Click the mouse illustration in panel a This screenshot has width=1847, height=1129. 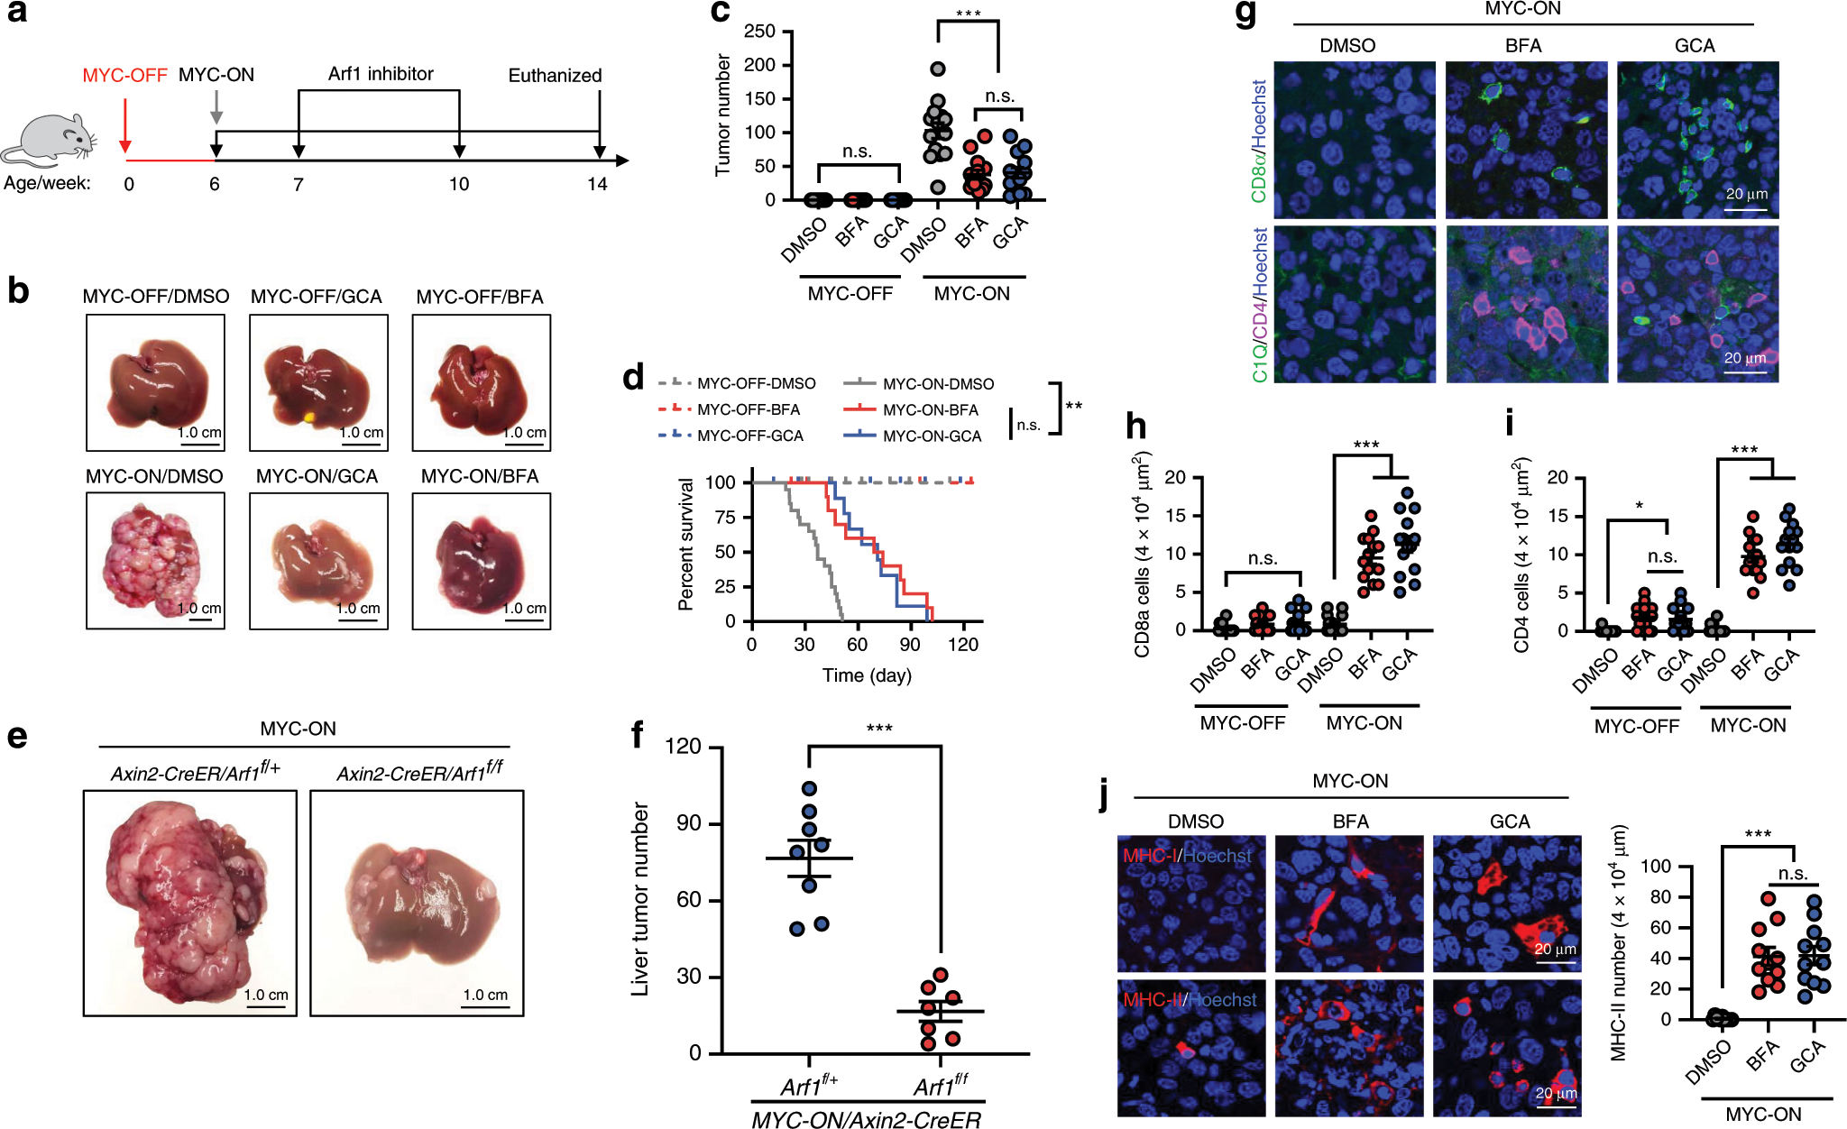point(50,140)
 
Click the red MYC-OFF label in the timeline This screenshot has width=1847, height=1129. point(124,76)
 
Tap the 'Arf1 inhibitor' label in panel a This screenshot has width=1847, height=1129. point(381,74)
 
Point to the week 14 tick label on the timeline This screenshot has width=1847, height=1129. point(597,185)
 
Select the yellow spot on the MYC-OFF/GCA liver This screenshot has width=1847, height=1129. point(309,417)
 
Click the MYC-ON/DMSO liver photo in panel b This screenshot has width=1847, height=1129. point(155,561)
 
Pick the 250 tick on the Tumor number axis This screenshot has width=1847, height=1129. point(759,32)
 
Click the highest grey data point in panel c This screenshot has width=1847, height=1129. point(938,69)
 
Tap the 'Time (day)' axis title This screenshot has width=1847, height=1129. point(867,675)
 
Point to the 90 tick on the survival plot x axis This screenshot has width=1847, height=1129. point(910,645)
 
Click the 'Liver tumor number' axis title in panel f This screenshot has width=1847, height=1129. point(640,899)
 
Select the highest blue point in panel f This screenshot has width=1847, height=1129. point(809,789)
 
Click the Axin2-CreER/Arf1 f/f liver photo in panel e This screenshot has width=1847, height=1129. point(417,904)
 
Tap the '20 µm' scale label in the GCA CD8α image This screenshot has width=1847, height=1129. point(1746,194)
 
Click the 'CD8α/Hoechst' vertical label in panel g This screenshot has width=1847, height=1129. point(1259,141)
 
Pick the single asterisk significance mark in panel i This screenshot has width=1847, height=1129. point(1639,506)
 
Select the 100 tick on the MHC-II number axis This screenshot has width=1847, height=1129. point(1655,867)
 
